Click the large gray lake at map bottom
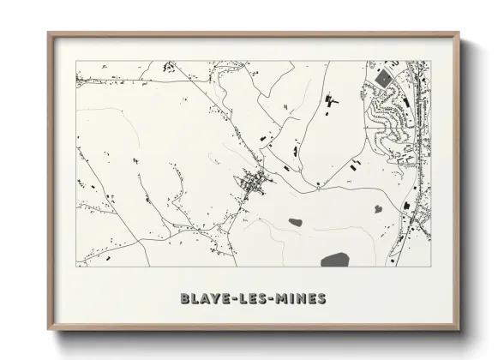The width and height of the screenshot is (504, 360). coord(335,259)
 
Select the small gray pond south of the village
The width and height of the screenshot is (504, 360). coord(295,223)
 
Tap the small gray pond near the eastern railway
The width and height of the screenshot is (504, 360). coord(376,208)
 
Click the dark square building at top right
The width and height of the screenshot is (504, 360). coord(383,78)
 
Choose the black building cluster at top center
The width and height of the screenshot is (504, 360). coord(330,104)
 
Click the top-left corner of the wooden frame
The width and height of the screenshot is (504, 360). coord(49,33)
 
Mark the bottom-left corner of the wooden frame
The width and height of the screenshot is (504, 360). coord(49,330)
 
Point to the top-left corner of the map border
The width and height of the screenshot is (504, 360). coord(76,60)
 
